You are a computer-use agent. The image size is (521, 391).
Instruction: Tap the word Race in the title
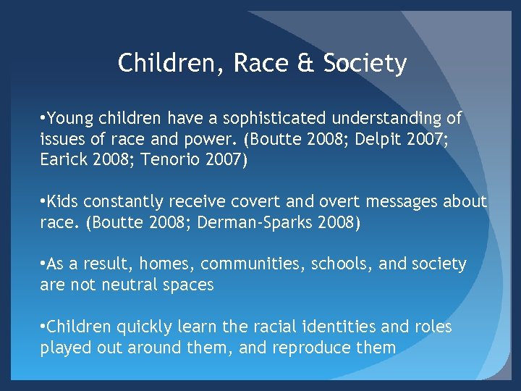(x=260, y=64)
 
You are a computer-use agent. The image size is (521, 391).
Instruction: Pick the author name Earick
(x=64, y=159)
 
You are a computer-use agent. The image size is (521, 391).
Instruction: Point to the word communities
(x=247, y=264)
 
